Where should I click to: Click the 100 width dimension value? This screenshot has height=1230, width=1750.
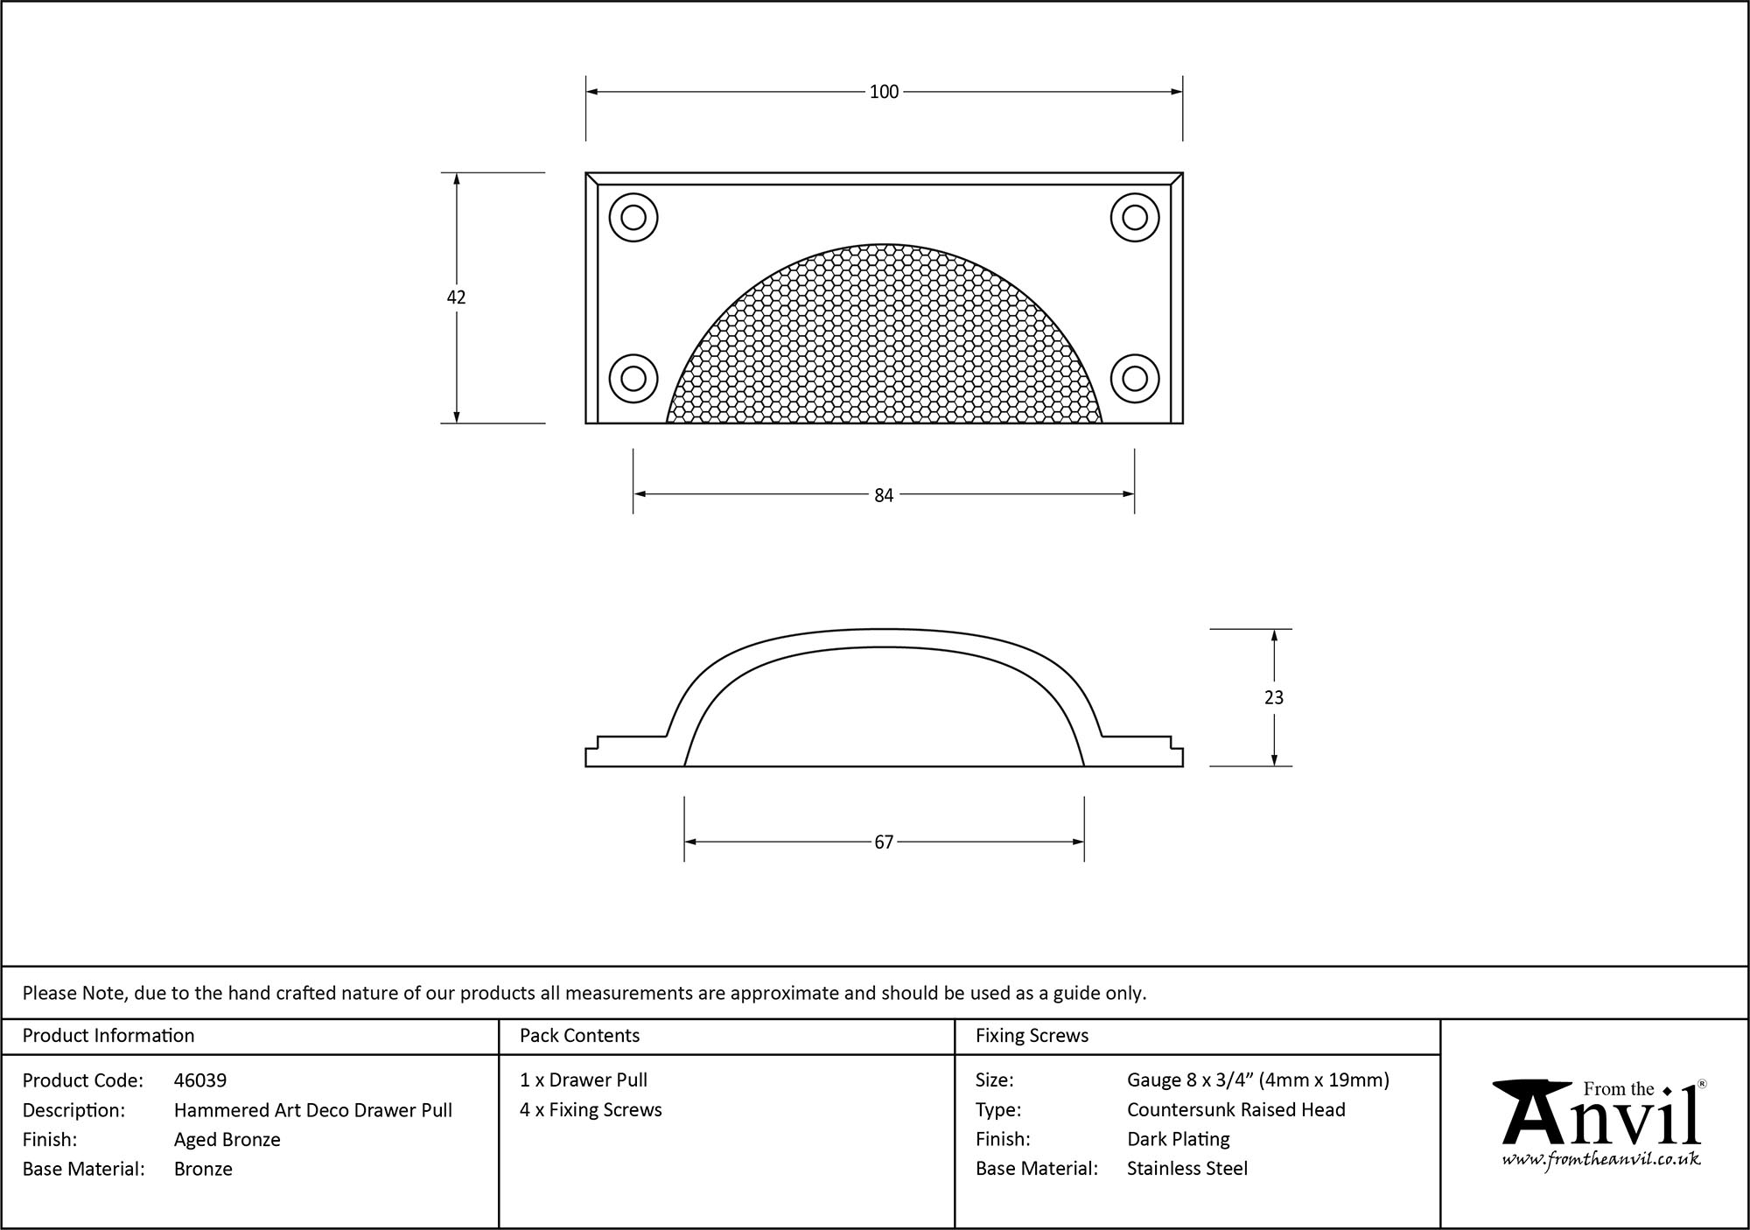[x=884, y=92]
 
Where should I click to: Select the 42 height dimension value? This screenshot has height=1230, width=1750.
[x=456, y=297]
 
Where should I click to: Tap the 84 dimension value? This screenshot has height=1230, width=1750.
[x=884, y=495]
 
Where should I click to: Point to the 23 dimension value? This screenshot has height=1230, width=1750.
[x=1274, y=697]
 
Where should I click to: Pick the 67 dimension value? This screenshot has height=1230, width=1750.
[x=884, y=842]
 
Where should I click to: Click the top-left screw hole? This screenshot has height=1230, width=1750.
[x=633, y=217]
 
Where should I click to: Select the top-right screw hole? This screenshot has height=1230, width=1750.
[x=1135, y=217]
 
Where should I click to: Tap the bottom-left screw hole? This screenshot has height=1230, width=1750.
[x=633, y=379]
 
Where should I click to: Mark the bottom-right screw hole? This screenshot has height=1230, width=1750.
[x=1135, y=379]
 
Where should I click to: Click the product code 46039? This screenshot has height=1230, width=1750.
[x=200, y=1080]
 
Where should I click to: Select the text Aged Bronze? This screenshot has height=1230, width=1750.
[x=227, y=1139]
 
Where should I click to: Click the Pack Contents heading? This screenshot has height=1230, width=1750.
[x=579, y=1036]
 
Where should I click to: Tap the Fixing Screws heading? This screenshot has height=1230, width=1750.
[x=1032, y=1036]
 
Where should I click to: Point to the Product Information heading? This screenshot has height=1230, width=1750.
[x=108, y=1036]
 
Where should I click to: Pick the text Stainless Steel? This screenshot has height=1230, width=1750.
[x=1187, y=1168]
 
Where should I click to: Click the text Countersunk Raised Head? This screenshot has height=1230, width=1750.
[x=1236, y=1109]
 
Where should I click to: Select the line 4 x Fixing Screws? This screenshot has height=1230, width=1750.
[x=591, y=1109]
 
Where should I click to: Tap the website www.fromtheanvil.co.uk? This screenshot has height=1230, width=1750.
[x=1601, y=1160]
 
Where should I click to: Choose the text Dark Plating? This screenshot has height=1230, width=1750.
[x=1179, y=1139]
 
